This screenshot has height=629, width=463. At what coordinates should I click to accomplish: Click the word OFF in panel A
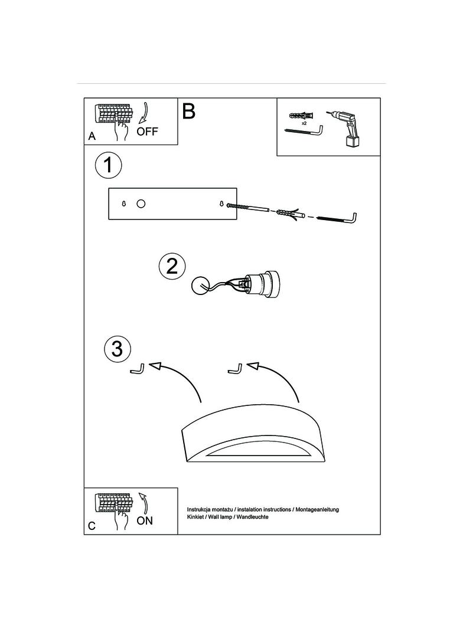point(148,132)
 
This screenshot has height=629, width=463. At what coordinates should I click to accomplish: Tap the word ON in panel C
point(145,520)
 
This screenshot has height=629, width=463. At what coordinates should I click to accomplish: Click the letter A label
point(92,136)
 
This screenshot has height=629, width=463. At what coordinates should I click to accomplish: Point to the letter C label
point(92,526)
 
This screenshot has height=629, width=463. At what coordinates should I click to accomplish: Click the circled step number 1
point(108,165)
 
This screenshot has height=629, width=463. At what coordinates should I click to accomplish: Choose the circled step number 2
point(172,266)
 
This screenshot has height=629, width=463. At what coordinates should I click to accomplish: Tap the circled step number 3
point(117,348)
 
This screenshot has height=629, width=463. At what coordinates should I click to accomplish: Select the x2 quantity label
point(304,123)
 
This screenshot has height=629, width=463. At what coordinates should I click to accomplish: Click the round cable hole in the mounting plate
point(141,204)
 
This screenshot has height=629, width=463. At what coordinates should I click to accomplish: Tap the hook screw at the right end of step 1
point(337,219)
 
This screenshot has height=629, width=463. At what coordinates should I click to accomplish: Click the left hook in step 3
point(138,368)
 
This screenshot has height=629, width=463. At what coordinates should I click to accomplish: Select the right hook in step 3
point(235,368)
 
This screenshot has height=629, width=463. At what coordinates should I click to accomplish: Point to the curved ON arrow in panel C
point(144,503)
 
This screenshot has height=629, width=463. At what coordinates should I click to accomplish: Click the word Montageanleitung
point(317,509)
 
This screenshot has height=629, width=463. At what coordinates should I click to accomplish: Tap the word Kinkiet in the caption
point(195,517)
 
